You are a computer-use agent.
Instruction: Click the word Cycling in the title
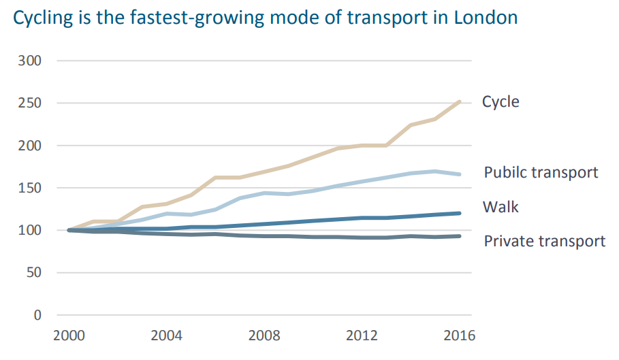click(x=42, y=18)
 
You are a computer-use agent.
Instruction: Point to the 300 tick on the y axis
click(x=29, y=61)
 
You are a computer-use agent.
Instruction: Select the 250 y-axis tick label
click(x=29, y=103)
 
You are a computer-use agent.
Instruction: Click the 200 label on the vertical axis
click(x=29, y=146)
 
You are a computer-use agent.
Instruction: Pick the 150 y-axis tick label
click(x=29, y=188)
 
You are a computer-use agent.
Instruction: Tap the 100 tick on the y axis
click(x=29, y=231)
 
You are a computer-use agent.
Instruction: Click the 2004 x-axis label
click(x=166, y=337)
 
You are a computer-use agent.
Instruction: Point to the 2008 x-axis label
click(x=264, y=337)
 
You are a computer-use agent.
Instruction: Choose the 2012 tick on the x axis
click(x=362, y=337)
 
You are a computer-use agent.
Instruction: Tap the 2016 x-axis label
click(x=460, y=337)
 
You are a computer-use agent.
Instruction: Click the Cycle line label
click(x=501, y=102)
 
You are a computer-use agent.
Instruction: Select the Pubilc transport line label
click(x=541, y=172)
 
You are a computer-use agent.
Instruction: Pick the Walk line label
click(x=501, y=207)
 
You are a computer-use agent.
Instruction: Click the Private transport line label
click(x=544, y=241)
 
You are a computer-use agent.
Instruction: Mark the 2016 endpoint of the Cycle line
click(x=460, y=101)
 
